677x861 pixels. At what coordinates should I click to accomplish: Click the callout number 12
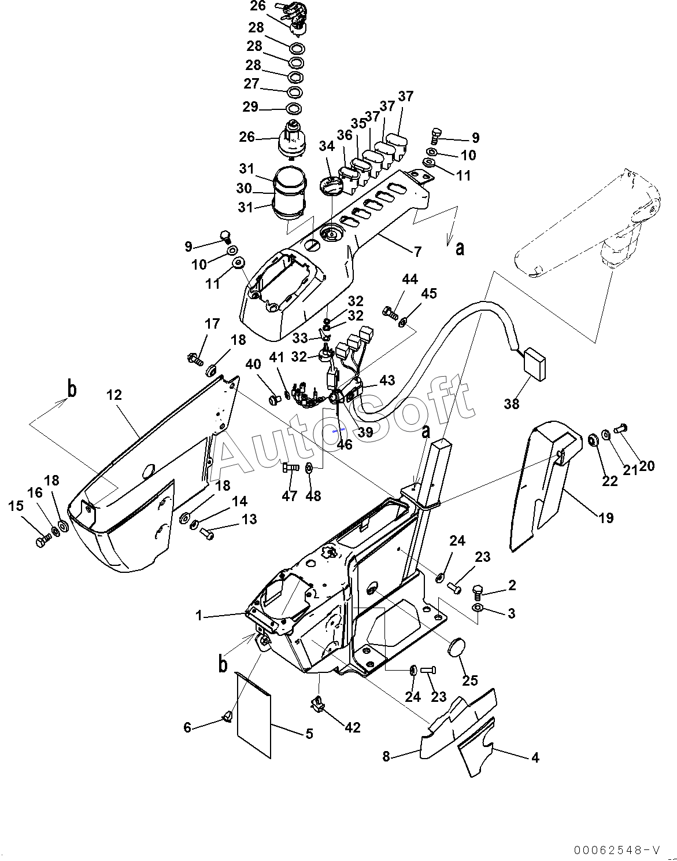[x=114, y=395]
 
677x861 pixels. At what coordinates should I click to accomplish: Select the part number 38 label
[x=512, y=404]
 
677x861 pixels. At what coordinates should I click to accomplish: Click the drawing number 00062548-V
[x=618, y=847]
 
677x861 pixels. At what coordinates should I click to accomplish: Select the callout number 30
[x=243, y=188]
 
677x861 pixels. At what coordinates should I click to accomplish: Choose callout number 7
[x=417, y=252]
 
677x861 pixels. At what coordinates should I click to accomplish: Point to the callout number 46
[x=345, y=444]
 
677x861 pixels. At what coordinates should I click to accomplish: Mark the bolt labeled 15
[x=43, y=542]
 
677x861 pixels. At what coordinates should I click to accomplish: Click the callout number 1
[x=199, y=616]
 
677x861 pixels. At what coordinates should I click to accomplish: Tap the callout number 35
[x=358, y=124]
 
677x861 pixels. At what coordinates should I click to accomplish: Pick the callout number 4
[x=535, y=757]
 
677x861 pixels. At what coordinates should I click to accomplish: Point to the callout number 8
[x=386, y=757]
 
